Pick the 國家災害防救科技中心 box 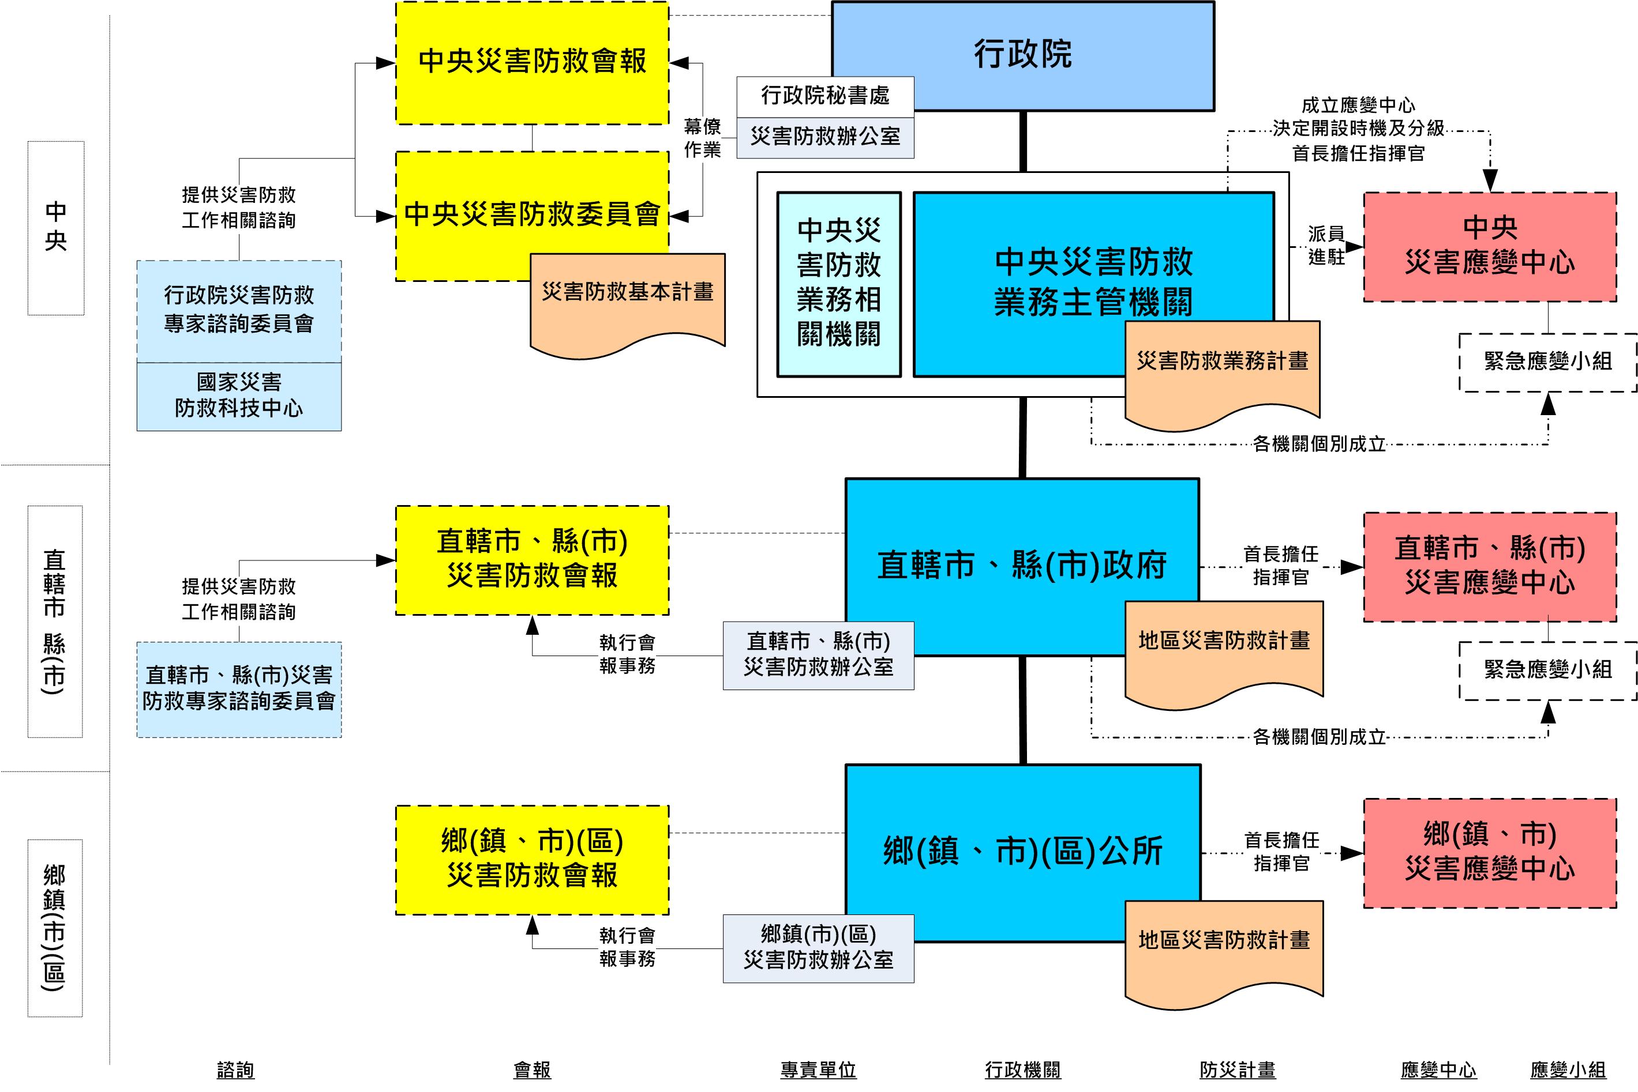point(238,396)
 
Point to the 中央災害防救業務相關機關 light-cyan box point(838,284)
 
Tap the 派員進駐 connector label point(1325,245)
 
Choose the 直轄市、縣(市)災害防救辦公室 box point(818,654)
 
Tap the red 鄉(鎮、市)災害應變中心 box point(1489,852)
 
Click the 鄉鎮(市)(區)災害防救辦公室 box point(818,948)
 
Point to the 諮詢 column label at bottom point(235,1070)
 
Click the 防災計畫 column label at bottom point(1238,1070)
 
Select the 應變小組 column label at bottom point(1568,1070)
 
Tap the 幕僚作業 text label point(702,138)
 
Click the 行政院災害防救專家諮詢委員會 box point(238,310)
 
